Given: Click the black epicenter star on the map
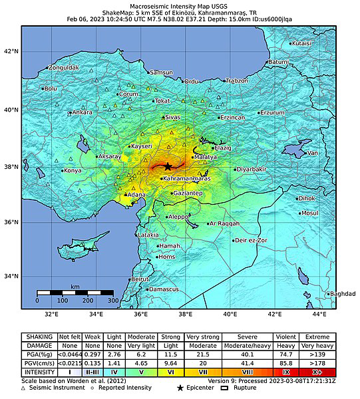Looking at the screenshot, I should coord(168,166).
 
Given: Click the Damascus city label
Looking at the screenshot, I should coord(164,289).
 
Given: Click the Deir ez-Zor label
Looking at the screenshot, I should coord(252,240).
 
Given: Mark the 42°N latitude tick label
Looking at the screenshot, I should coord(11,51).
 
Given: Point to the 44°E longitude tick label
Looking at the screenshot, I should coord(319,314).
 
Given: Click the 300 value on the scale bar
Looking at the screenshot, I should coord(112,301).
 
